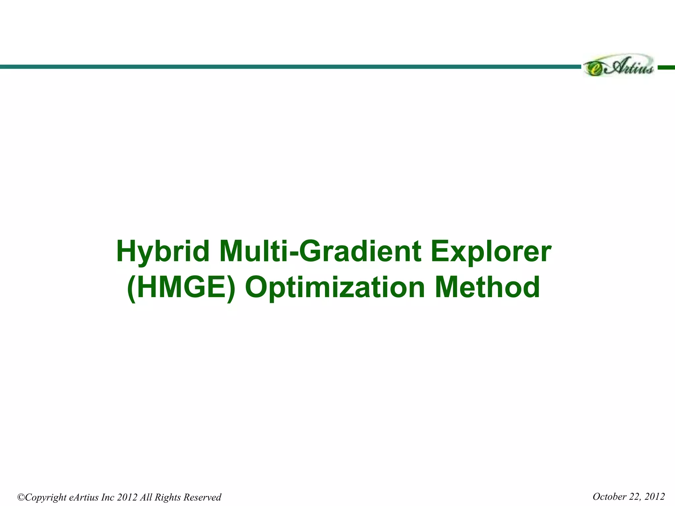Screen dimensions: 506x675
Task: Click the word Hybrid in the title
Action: point(163,252)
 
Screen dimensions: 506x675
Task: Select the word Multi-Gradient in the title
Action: point(320,252)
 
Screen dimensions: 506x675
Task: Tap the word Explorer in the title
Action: point(491,252)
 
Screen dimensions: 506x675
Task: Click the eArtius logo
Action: point(618,66)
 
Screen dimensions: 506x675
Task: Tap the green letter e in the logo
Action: point(595,69)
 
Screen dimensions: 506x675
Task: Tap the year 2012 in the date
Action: point(654,496)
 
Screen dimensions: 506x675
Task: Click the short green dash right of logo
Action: point(666,67)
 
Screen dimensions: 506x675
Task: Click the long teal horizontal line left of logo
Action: point(290,67)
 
